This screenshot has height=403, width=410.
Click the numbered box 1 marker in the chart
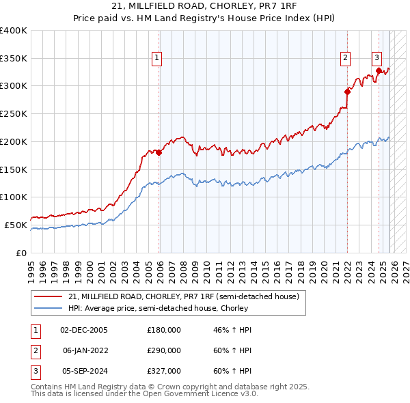point(157,59)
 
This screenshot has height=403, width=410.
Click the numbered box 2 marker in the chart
point(346,59)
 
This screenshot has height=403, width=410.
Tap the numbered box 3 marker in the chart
point(377,57)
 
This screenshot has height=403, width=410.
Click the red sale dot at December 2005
point(159,152)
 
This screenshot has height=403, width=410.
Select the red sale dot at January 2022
point(347,91)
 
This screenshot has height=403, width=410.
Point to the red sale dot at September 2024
point(379,70)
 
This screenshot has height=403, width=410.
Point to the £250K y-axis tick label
point(13,113)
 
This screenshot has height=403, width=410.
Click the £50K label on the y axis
point(16,225)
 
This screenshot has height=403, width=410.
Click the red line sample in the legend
point(48,297)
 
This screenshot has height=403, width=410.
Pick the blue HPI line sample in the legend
point(48,308)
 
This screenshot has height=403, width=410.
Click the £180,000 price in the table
point(163,330)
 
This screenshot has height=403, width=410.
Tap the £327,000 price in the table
point(163,371)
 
